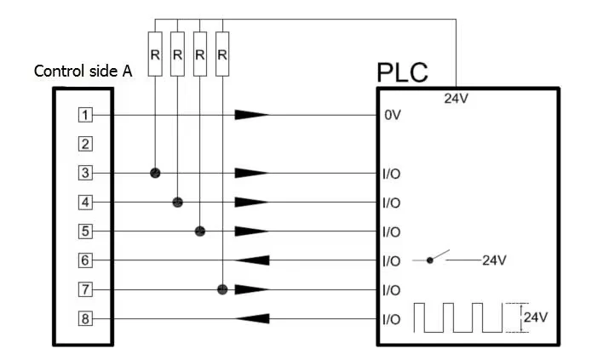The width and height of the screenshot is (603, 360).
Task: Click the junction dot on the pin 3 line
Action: tap(155, 173)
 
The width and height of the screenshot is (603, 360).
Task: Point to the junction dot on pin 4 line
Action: tap(177, 202)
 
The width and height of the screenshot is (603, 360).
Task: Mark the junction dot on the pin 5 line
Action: tap(200, 231)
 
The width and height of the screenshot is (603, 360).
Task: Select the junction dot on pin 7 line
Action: tap(222, 289)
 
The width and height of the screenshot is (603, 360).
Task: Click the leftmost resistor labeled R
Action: tap(155, 54)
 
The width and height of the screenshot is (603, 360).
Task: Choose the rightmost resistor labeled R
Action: tap(222, 54)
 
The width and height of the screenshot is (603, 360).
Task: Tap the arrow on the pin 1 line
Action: tap(252, 115)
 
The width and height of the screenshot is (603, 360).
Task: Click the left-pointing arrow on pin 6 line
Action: tap(252, 260)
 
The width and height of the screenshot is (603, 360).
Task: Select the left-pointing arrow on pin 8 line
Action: tap(252, 319)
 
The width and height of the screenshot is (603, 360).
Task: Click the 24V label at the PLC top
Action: tap(457, 99)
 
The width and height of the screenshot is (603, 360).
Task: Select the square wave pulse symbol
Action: tap(460, 317)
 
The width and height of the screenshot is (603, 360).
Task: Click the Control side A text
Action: tap(83, 71)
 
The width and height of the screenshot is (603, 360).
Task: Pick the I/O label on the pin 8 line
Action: tap(393, 319)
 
